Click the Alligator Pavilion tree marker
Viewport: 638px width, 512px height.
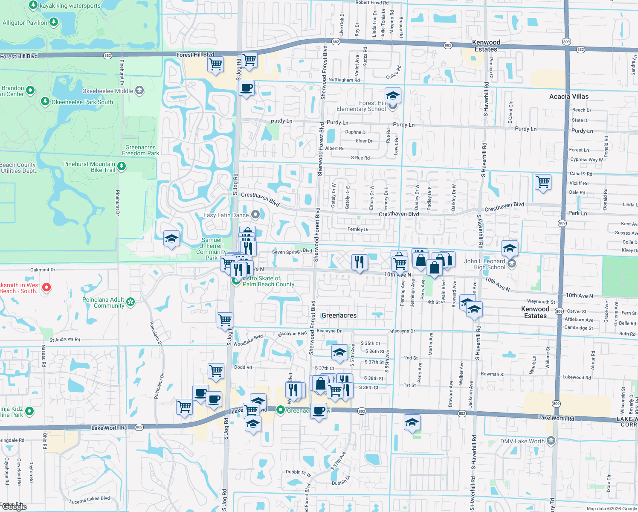(53, 22)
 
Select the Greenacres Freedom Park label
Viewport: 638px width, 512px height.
(140, 150)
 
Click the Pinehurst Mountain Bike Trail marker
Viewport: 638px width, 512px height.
(122, 166)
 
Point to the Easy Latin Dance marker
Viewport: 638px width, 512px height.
(255, 214)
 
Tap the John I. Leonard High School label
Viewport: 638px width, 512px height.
(484, 264)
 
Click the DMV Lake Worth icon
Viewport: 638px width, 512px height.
(551, 440)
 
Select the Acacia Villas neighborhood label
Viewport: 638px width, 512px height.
(568, 96)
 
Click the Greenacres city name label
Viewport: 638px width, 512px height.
(339, 315)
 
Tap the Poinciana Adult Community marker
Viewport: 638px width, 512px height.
(130, 302)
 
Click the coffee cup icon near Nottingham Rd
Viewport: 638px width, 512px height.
(246, 88)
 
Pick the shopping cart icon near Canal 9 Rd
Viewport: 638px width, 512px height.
(543, 182)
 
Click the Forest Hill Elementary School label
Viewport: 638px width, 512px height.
(361, 106)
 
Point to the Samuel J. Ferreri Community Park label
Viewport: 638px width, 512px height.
(212, 249)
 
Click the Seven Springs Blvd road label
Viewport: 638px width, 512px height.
(292, 251)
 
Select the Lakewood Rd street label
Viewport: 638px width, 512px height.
(577, 377)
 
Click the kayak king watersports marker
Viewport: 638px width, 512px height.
(33, 5)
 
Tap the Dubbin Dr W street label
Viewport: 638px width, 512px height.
(299, 472)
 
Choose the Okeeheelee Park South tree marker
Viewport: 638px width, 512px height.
(45, 101)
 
